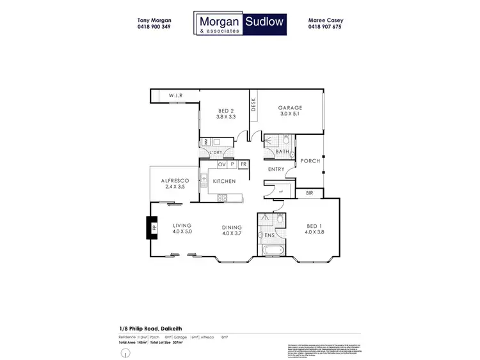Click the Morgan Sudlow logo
pyautogui.click(x=240, y=24)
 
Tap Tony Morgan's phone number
pyautogui.click(x=154, y=27)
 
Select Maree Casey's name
pyautogui.click(x=325, y=20)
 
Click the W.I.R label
pyautogui.click(x=176, y=96)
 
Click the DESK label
pyautogui.click(x=253, y=104)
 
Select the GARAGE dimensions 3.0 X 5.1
pyautogui.click(x=290, y=115)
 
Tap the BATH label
pyautogui.click(x=283, y=152)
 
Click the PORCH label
pyautogui.click(x=310, y=161)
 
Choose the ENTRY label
pyautogui.click(x=276, y=169)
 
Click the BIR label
pyautogui.click(x=310, y=192)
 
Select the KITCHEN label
pyautogui.click(x=224, y=182)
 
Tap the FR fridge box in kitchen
pyautogui.click(x=244, y=165)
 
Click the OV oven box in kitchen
pyautogui.click(x=222, y=165)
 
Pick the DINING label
pyautogui.click(x=231, y=226)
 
